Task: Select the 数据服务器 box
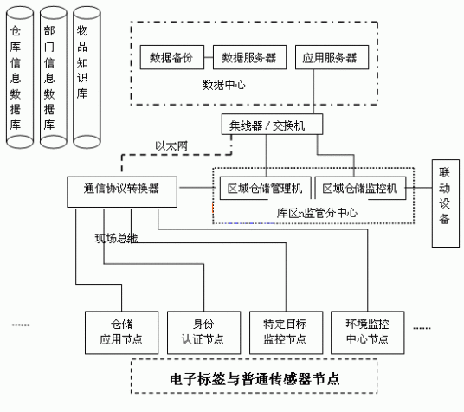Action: pos(248,58)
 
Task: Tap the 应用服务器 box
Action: pos(330,58)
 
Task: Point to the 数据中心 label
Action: pos(224,85)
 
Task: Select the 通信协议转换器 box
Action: pos(124,188)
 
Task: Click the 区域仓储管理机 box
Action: pos(264,188)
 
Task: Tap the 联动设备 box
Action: pos(445,196)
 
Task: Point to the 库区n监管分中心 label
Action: pos(314,211)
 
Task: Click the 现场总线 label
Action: pos(117,237)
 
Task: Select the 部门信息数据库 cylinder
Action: pos(49,78)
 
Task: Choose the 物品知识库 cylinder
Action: pos(84,78)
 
